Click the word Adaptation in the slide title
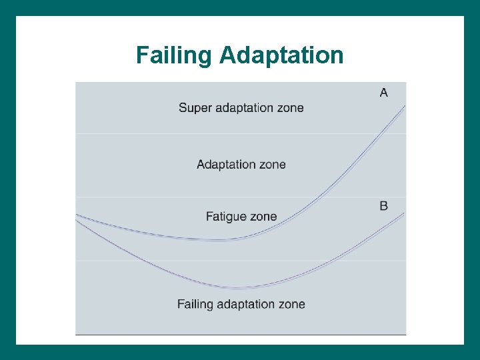pyautogui.click(x=281, y=55)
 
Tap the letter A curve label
pyautogui.click(x=383, y=92)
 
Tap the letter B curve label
pyautogui.click(x=383, y=205)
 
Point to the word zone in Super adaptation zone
pyautogui.click(x=291, y=108)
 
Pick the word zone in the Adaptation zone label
pyautogui.click(x=273, y=164)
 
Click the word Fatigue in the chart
pyautogui.click(x=228, y=217)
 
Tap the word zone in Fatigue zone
pyautogui.click(x=265, y=217)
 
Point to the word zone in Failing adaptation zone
pyautogui.click(x=293, y=304)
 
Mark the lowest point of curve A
pyautogui.click(x=223, y=239)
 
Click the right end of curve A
pyautogui.click(x=405, y=105)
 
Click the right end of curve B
pyautogui.click(x=405, y=213)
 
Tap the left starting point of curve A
pyautogui.click(x=77, y=215)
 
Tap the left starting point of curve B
pyautogui.click(x=77, y=221)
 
